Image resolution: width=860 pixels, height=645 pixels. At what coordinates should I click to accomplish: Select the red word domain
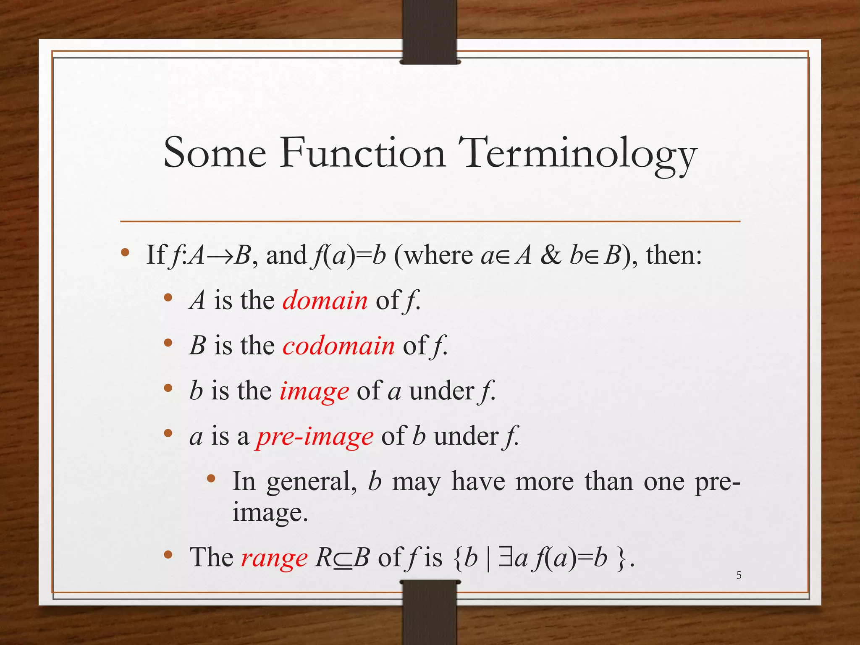[325, 300]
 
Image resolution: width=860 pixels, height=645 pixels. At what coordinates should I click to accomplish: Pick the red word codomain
[338, 346]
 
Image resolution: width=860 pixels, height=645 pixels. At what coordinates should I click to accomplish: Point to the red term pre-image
[315, 436]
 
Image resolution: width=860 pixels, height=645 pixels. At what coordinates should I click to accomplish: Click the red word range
[274, 558]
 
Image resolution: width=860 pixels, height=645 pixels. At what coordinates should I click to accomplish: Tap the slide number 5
[739, 575]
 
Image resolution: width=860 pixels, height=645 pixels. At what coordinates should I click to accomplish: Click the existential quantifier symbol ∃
[505, 558]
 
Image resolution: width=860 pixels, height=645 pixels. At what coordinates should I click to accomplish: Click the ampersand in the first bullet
[551, 255]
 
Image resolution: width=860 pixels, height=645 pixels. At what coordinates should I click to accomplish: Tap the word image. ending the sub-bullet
[270, 513]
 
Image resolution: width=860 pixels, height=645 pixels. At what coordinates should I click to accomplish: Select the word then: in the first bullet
[674, 255]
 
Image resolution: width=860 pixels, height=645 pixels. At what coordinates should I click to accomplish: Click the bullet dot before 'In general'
[211, 478]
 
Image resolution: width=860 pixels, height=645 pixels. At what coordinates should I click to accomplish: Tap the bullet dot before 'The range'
[168, 555]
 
